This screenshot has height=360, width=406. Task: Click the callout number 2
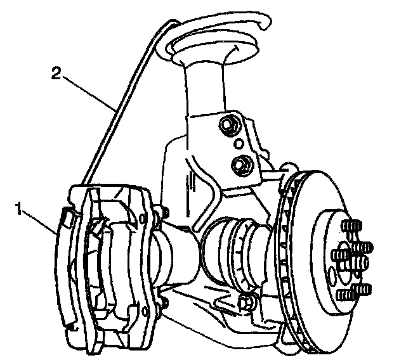(x=56, y=75)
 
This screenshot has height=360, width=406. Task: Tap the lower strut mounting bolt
(x=240, y=164)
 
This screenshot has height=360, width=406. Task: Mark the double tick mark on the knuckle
(x=190, y=184)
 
